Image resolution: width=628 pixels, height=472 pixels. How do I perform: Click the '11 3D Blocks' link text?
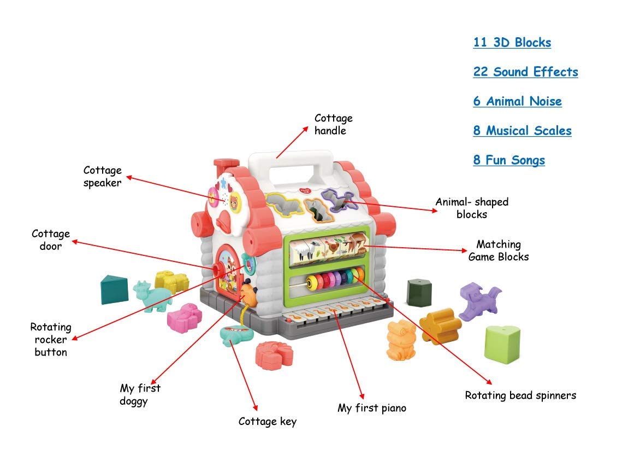click(512, 43)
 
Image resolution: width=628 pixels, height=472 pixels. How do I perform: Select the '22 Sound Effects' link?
click(525, 72)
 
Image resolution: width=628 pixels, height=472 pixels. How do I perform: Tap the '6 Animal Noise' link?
click(517, 102)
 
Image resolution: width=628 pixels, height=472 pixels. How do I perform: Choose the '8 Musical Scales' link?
click(522, 131)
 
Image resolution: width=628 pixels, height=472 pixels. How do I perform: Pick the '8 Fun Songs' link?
click(509, 161)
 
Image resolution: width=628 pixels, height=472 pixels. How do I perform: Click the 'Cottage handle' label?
click(333, 125)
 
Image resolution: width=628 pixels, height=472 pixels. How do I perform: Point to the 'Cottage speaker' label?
click(103, 177)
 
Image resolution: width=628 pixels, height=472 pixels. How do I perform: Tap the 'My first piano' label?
click(371, 408)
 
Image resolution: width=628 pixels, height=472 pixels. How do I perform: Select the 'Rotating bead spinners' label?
click(520, 395)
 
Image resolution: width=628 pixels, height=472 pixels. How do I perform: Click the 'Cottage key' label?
click(268, 421)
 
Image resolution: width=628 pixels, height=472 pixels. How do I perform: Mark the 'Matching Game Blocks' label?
click(499, 250)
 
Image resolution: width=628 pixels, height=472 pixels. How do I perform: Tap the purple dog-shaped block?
click(478, 300)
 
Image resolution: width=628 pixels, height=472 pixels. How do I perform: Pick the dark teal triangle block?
click(114, 289)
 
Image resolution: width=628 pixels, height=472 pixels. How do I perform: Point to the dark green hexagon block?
click(419, 292)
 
